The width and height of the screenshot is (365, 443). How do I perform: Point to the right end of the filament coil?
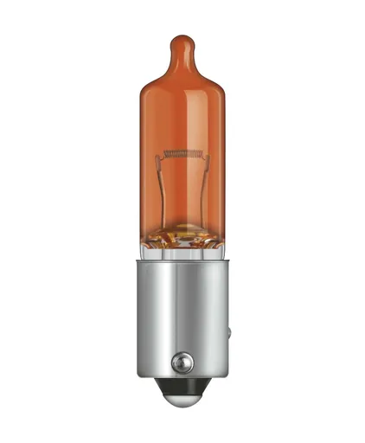point(202,155)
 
